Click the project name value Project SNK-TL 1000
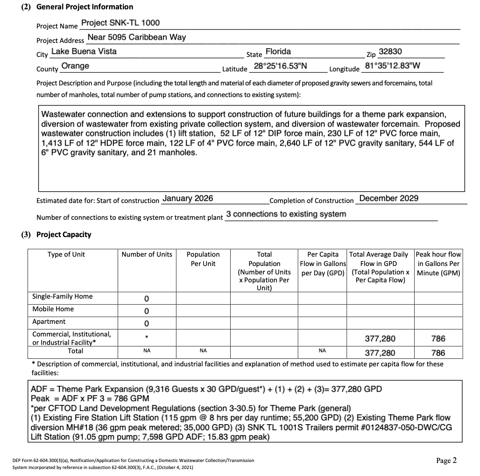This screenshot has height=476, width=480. click(x=120, y=23)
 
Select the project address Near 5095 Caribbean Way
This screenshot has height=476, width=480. click(x=136, y=37)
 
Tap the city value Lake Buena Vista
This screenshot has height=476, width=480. click(x=84, y=51)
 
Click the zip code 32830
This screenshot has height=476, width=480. click(x=390, y=51)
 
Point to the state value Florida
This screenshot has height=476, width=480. click(x=278, y=51)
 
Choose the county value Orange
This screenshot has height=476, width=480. click(x=75, y=66)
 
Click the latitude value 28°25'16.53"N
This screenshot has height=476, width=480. click(x=280, y=66)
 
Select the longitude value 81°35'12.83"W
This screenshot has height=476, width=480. click(x=392, y=66)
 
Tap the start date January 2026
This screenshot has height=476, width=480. click(x=187, y=198)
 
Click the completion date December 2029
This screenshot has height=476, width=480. click(x=388, y=198)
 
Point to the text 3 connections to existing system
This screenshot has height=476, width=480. click(x=286, y=214)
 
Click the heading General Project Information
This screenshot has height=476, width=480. click(x=85, y=7)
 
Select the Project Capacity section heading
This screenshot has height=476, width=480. click(x=64, y=234)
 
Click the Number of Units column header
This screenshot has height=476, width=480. click(x=147, y=254)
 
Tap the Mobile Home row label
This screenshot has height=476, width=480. click(x=53, y=309)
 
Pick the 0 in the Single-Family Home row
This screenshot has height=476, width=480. click(x=147, y=298)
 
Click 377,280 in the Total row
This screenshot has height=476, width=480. click(x=380, y=353)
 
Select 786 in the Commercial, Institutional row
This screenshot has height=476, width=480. click(x=438, y=338)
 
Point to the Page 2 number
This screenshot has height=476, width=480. click(x=446, y=461)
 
